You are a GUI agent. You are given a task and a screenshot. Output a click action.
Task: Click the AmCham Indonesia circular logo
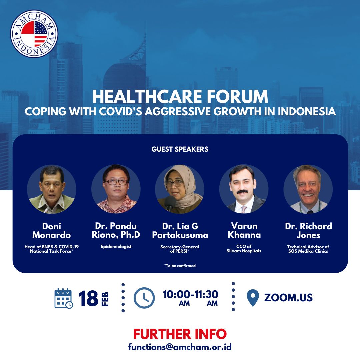(x=34, y=34)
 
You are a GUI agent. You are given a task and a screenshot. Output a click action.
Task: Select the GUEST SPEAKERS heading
(x=180, y=149)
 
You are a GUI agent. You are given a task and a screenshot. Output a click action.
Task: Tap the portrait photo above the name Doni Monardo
(x=52, y=189)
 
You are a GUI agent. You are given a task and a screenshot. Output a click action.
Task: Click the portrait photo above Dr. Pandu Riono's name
(x=116, y=189)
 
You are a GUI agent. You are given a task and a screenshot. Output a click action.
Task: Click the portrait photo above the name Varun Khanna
(x=244, y=189)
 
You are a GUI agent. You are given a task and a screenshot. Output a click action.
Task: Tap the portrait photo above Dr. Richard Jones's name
(x=308, y=189)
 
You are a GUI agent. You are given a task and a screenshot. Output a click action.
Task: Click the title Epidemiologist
(x=116, y=247)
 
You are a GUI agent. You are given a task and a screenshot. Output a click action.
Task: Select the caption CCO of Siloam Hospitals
(x=244, y=249)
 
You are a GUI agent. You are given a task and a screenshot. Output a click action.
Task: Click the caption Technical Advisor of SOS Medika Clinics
(x=308, y=249)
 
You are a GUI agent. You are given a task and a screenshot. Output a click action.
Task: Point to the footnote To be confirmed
(x=180, y=266)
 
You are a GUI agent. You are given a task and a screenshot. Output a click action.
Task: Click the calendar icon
(x=64, y=298)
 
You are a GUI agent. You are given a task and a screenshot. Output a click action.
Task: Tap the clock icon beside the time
(x=144, y=298)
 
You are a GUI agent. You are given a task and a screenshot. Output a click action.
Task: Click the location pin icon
(x=253, y=298)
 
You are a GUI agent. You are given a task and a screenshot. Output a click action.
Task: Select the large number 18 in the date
(x=88, y=298)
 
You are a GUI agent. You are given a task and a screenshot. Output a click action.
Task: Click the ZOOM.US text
(x=288, y=298)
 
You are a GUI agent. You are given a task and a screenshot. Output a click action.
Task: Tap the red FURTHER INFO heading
(x=180, y=334)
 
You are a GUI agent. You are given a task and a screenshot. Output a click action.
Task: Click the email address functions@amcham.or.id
(x=180, y=347)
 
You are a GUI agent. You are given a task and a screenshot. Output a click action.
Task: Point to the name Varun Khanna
(x=244, y=231)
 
